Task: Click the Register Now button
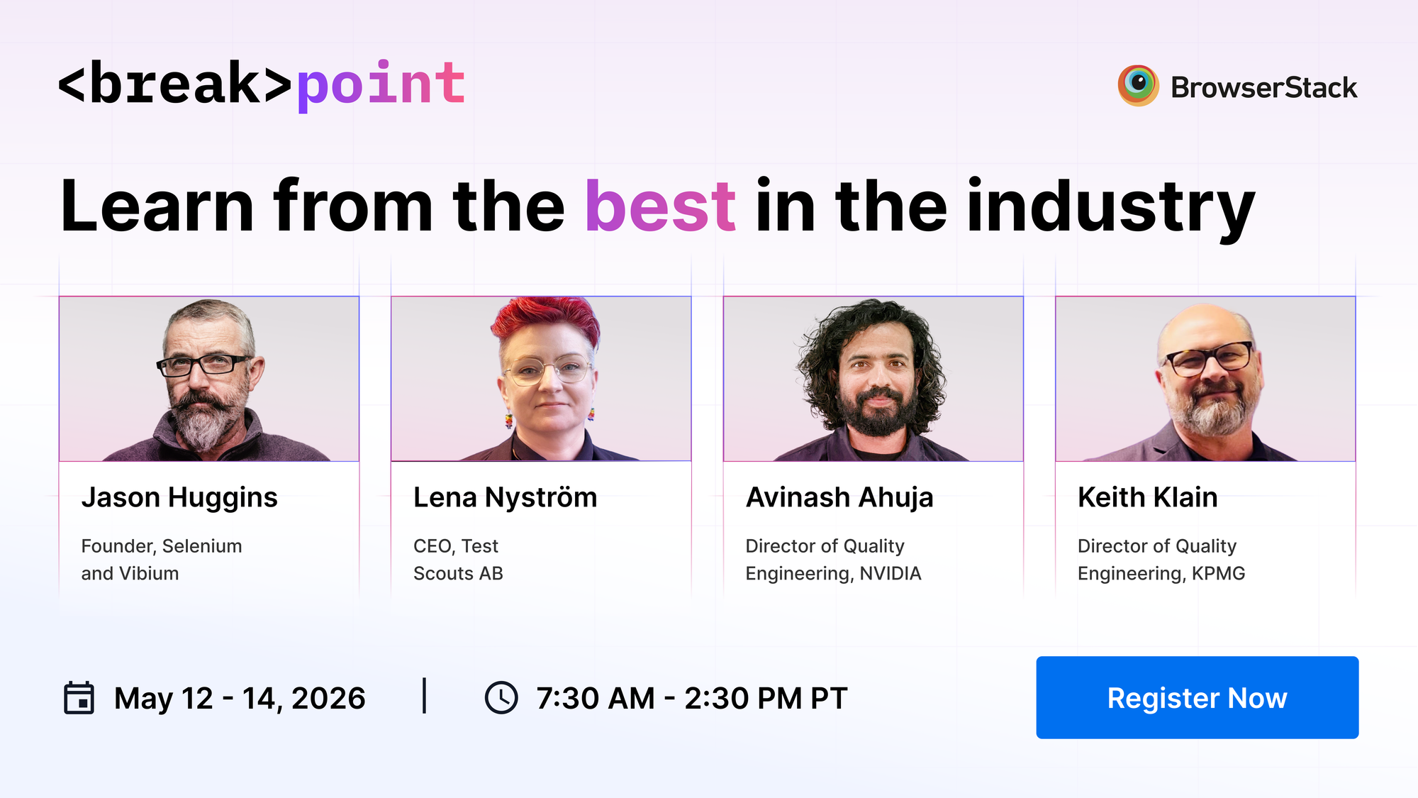coord(1197,698)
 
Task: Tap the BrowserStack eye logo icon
coord(1138,86)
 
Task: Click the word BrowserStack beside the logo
coord(1263,88)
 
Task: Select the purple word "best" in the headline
coord(660,206)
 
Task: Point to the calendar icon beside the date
coord(79,698)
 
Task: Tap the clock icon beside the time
coord(501,698)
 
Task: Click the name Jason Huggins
coord(179,498)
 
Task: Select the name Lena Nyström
coord(505,498)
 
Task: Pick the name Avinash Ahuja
coord(839,498)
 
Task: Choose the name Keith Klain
coord(1147,498)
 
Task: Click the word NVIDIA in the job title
coord(891,573)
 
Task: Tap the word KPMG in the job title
coord(1218,573)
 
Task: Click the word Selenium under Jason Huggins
coord(202,546)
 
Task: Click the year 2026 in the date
coord(328,699)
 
